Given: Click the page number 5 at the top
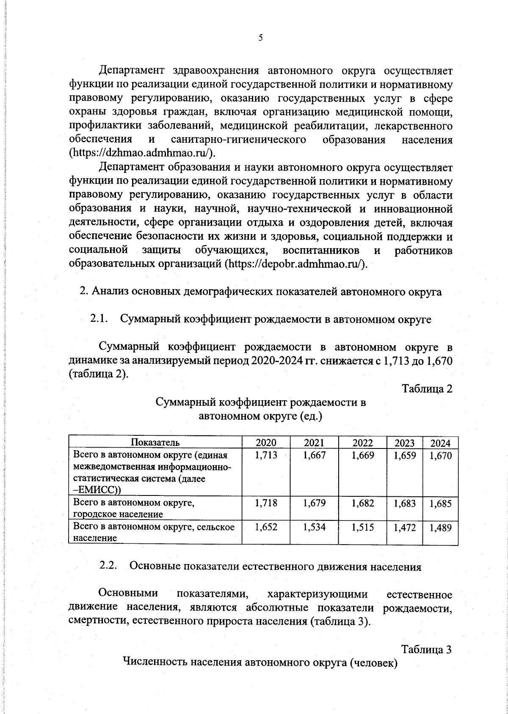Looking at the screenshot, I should tap(261, 38).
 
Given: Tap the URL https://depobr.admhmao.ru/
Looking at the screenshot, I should tap(295, 264).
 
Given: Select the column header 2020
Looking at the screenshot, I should tap(266, 443).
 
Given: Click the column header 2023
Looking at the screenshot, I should tap(404, 443).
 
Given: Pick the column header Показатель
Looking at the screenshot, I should tap(155, 443).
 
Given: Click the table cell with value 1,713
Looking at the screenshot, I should tap(266, 456).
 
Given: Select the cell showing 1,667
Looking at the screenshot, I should tap(314, 456).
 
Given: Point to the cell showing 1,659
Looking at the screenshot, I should tap(404, 456).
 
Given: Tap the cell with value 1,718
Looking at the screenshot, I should tap(266, 503).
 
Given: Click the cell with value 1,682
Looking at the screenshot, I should tap(362, 503).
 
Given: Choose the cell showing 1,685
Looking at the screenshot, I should tap(440, 504).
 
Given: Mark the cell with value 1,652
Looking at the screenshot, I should tap(266, 527).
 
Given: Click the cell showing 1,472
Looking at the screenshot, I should tap(404, 528).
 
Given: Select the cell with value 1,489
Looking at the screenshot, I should tap(440, 528).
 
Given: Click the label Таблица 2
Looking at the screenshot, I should tap(427, 389).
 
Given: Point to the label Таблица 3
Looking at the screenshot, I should tap(427, 649).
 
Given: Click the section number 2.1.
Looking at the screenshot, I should tap(100, 319).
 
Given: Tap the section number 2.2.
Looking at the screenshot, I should tap(108, 566).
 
